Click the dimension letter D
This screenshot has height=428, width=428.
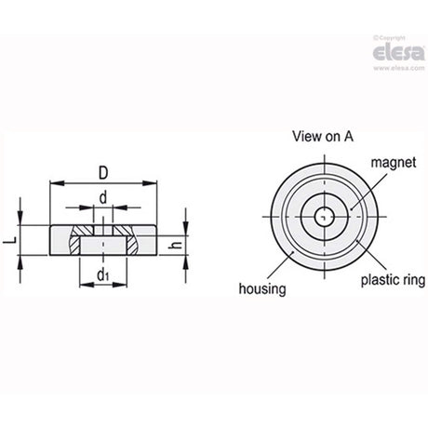pyautogui.click(x=103, y=173)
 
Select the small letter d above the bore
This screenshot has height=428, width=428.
pyautogui.click(x=103, y=197)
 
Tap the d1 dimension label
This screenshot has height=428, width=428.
pyautogui.click(x=103, y=274)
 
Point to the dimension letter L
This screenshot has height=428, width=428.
pyautogui.click(x=11, y=240)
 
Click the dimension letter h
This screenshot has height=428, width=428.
pyautogui.click(x=177, y=245)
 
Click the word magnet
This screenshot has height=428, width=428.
pyautogui.click(x=394, y=163)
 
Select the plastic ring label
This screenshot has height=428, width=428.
pyautogui.click(x=393, y=280)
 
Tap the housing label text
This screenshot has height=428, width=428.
pyautogui.click(x=262, y=288)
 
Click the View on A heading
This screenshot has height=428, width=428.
pyautogui.click(x=323, y=137)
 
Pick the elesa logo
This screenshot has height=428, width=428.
pyautogui.click(x=399, y=52)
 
